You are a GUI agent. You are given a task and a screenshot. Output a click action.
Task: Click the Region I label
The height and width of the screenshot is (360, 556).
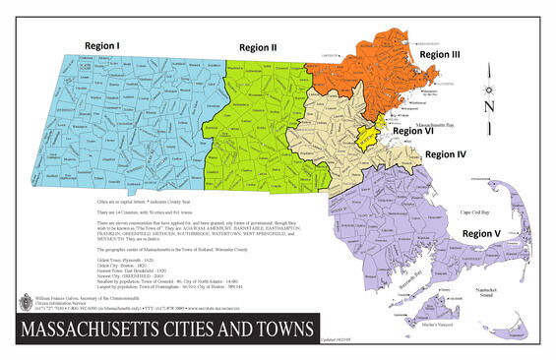pos(101,46)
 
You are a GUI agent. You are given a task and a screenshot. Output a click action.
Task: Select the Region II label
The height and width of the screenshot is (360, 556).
pos(257,46)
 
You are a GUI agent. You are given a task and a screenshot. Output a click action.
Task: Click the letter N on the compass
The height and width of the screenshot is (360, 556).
pos(489,106)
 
